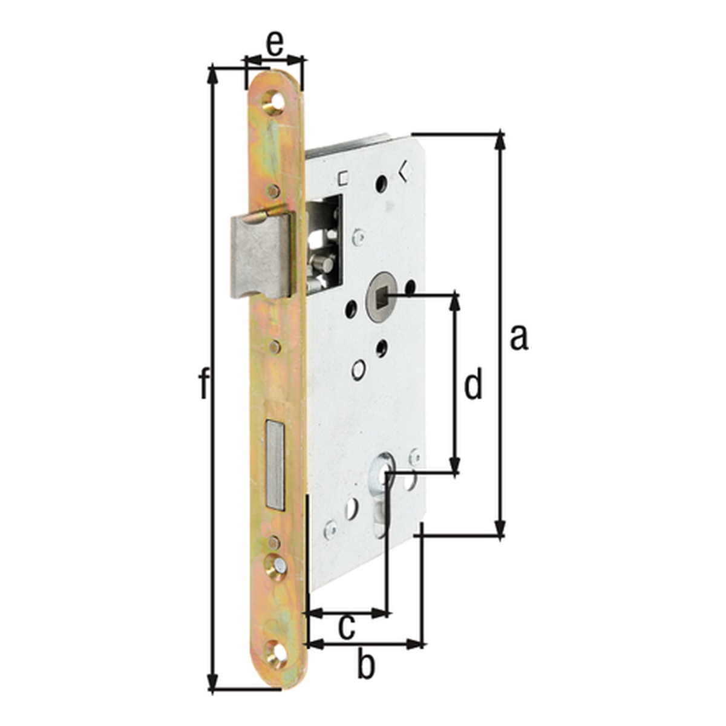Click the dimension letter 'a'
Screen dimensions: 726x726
click(x=518, y=338)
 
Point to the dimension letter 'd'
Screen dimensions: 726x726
click(x=473, y=382)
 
